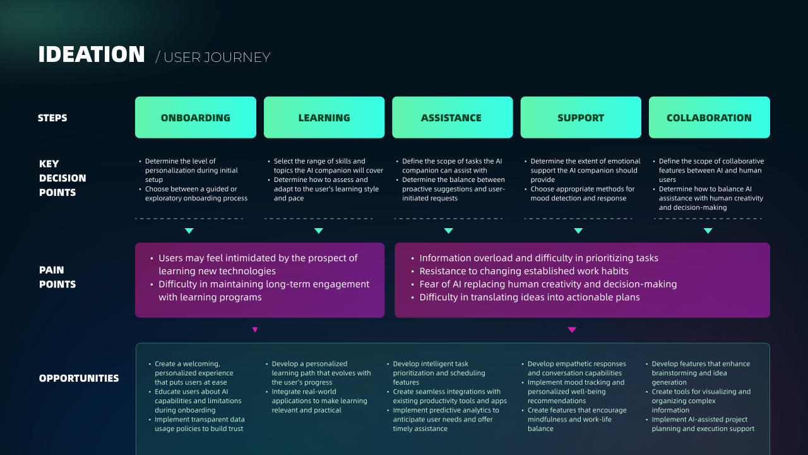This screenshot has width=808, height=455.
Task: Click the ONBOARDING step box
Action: coord(196,118)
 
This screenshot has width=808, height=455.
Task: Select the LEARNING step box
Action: coord(324,118)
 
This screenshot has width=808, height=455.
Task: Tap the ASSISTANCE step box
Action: coord(453,118)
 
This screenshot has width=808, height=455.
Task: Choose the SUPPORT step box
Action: coord(581,118)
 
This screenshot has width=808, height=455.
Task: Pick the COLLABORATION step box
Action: coord(709,118)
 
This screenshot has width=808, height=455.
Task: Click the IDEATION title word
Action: coord(92,54)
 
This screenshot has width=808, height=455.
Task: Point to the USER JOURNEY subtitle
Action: coord(213,58)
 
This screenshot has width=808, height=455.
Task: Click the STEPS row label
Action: coord(52,118)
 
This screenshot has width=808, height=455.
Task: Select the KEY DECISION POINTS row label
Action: coord(62,178)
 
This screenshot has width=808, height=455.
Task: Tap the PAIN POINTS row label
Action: coord(57,277)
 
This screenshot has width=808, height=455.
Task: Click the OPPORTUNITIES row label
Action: coord(79,378)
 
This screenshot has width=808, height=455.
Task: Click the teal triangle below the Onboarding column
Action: coord(189,231)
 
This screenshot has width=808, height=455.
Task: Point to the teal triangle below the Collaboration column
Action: coord(708,231)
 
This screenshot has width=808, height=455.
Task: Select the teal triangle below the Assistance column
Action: coord(448,231)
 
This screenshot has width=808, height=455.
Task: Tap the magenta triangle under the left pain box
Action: coord(255,329)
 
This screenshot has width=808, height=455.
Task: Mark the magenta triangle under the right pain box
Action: coord(572,329)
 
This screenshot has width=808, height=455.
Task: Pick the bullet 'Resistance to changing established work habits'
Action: coord(524,271)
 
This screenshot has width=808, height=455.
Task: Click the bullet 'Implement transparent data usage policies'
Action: coord(199,424)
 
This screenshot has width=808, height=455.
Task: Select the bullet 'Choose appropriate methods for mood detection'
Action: coord(582,193)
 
